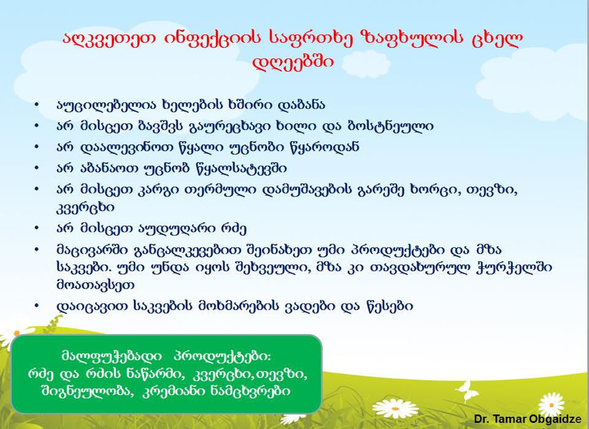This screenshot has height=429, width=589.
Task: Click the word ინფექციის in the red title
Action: tap(212, 37)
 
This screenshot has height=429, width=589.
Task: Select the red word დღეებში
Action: tap(293, 62)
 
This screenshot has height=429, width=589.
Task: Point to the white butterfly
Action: tap(467, 392)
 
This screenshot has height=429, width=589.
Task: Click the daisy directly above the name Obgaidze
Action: tap(552, 404)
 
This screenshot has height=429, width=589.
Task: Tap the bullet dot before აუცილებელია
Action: tap(36, 104)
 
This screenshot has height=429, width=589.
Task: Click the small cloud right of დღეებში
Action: tap(366, 64)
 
